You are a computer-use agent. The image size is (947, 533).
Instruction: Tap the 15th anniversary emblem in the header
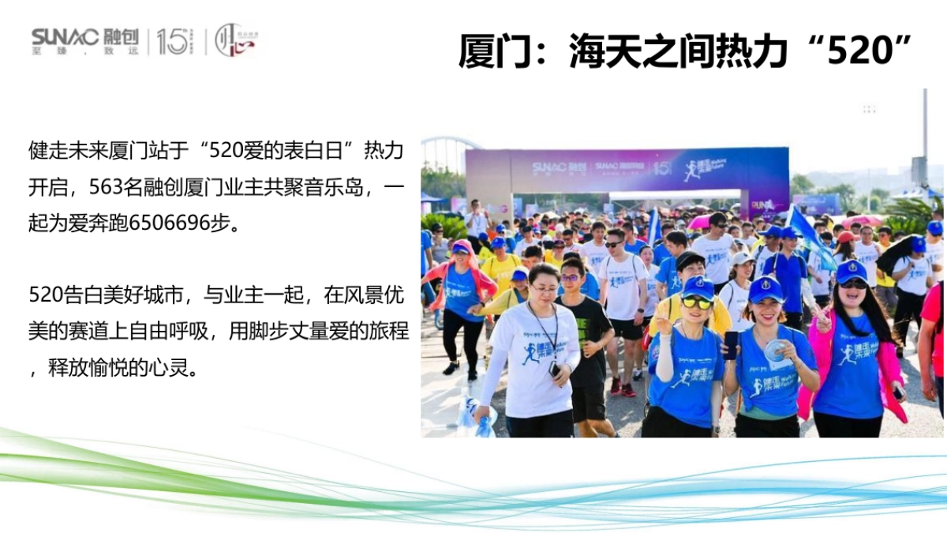[174, 41]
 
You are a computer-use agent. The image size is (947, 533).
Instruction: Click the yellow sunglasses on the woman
[697, 302]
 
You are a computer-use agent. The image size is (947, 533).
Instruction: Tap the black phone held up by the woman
[731, 344]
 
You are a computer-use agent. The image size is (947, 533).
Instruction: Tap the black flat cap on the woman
[689, 259]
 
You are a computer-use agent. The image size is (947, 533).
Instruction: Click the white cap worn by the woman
[743, 258]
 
